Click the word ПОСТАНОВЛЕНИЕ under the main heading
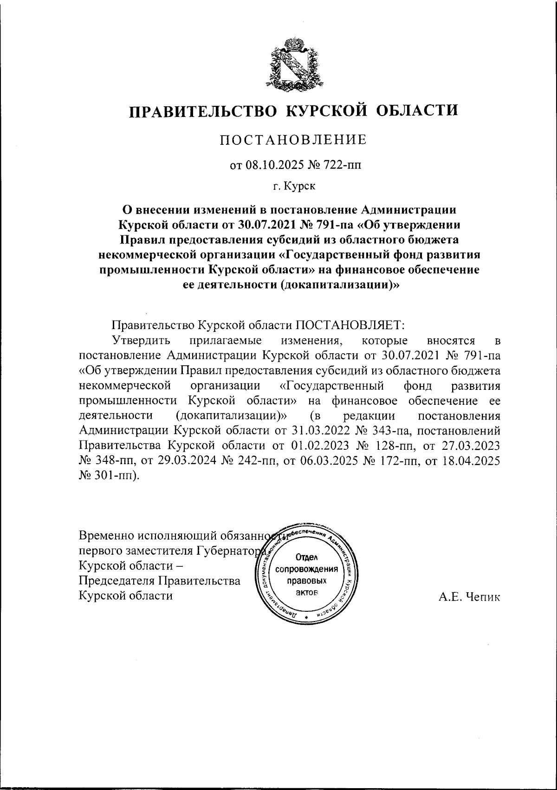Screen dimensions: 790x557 tap(293, 140)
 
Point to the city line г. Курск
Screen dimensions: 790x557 tap(293, 187)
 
